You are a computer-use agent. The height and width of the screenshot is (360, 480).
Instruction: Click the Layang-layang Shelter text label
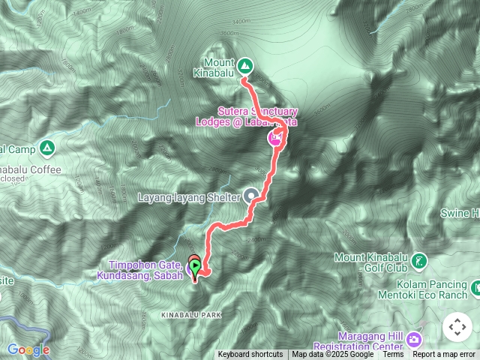189,198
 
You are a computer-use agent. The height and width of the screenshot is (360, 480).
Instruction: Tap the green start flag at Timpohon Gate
195,265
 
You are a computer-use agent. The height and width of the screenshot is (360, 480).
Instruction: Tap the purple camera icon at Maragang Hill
413,340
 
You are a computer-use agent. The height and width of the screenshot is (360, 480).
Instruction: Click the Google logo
28,349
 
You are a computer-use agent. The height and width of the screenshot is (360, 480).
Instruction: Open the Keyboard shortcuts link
250,355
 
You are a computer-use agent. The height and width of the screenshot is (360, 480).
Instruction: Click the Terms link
393,355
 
